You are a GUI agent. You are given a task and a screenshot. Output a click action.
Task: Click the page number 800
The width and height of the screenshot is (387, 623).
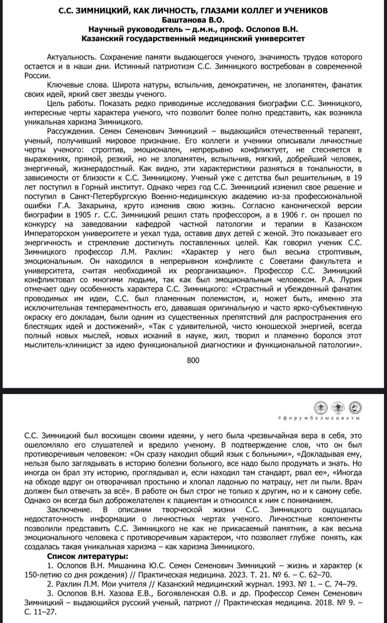pyautogui.click(x=193, y=360)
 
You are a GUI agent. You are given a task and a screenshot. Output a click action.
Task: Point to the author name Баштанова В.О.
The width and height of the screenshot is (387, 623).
pyautogui.click(x=193, y=20)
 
